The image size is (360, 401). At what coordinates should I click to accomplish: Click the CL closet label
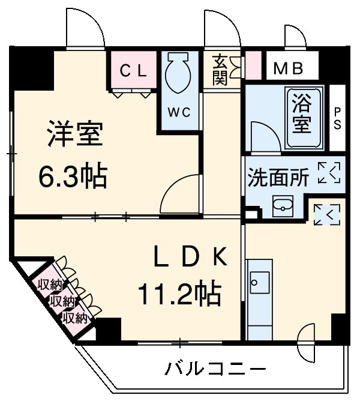(133, 71)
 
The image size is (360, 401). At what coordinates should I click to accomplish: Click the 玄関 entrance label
(220, 70)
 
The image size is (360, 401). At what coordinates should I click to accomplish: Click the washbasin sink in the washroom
(281, 207)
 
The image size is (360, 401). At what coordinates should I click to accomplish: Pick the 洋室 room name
(75, 136)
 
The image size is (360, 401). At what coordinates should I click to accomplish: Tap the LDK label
(189, 258)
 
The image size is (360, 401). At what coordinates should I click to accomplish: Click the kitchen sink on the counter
(260, 280)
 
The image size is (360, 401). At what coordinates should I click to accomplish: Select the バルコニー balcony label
(215, 367)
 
